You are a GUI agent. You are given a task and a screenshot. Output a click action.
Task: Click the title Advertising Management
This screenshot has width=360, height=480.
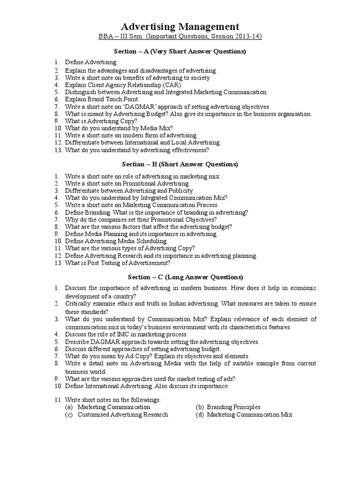pos(180,27)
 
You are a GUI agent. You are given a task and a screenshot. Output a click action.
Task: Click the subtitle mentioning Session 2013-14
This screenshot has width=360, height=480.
pos(180,37)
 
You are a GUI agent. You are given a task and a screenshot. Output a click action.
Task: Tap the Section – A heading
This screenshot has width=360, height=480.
pos(180,51)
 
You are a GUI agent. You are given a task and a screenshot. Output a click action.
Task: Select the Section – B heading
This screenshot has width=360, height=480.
pos(180,165)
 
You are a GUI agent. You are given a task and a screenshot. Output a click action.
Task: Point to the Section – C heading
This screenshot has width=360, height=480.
pos(180,277)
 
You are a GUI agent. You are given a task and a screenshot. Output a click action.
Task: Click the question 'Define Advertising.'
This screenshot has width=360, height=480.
pos(91,62)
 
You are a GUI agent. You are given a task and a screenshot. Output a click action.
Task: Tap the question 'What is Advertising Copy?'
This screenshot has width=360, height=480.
pos(101,121)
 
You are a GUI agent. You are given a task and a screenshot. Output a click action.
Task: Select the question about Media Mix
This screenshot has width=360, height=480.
pos(119,128)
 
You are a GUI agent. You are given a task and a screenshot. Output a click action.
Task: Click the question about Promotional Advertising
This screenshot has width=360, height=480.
pos(127,183)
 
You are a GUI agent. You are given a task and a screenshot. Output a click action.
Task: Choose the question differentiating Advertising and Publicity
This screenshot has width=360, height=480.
pos(129,191)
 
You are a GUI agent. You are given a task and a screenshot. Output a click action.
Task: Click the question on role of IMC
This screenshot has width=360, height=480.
pos(126,334)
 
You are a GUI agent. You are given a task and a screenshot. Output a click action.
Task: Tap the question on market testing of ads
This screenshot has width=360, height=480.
pos(150,379)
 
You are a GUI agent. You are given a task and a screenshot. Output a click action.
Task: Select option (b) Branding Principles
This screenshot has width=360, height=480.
pos(233,407)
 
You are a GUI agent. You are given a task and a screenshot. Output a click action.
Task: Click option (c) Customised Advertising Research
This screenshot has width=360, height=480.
pos(122,415)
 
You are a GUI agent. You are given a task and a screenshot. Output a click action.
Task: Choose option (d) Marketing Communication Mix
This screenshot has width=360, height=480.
pos(249,415)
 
